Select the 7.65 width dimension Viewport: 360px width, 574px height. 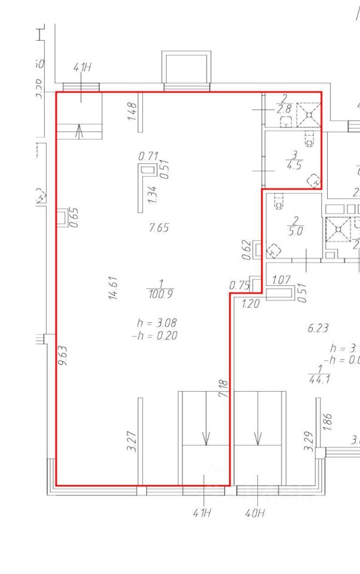coord(158,227)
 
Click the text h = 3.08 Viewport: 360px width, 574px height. coord(157,323)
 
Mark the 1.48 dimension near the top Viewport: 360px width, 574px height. coord(133,111)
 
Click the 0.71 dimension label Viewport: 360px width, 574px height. coord(148,156)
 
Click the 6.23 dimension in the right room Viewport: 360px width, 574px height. coord(318,328)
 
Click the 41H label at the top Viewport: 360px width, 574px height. coord(82,68)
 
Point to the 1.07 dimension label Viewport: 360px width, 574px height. coord(281,280)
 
